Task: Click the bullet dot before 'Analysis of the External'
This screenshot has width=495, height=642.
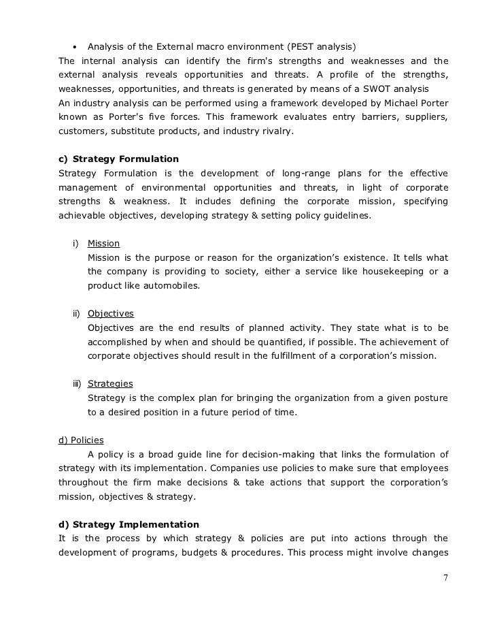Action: click(x=73, y=47)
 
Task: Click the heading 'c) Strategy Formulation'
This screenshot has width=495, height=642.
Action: click(x=119, y=159)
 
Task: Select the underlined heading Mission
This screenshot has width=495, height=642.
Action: click(x=104, y=244)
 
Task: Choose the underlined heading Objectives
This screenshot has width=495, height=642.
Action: click(x=111, y=314)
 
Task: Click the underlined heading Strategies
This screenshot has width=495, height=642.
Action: click(x=110, y=384)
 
